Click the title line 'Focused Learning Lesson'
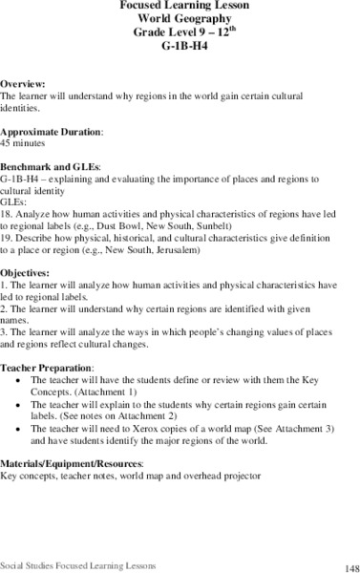coord(179,6)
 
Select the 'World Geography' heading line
coord(179,19)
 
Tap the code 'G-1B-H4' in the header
coord(179,46)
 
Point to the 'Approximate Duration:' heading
coord(51,131)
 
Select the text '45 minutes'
coord(24,141)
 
